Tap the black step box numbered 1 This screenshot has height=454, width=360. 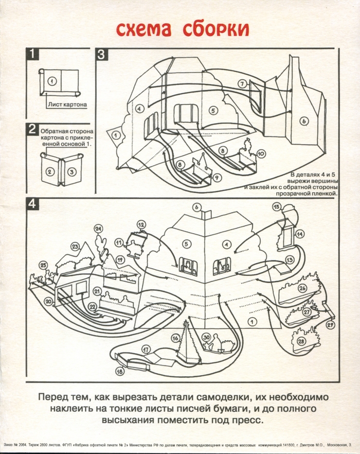coord(32,54)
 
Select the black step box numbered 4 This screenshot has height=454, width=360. coord(32,203)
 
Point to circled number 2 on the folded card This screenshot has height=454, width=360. coord(50,172)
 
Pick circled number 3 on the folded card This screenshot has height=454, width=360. coord(72,172)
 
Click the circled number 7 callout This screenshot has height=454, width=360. coord(242,83)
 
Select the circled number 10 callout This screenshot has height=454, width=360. coord(261,153)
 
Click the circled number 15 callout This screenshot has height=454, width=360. coord(276,207)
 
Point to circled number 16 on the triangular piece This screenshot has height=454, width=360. coord(175,338)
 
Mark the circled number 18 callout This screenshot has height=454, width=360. coord(119,371)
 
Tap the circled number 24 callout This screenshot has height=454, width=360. coord(98,228)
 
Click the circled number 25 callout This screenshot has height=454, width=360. coord(43,265)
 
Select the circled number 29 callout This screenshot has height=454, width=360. coord(330,324)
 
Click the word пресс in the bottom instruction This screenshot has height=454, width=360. coord(247,420)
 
